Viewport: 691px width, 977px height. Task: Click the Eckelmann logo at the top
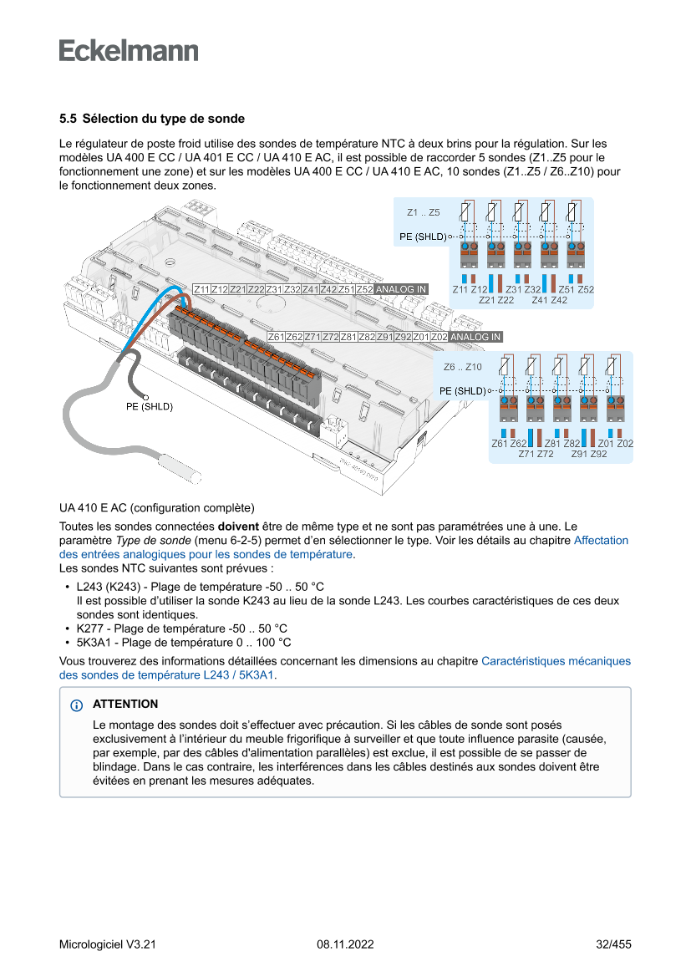click(x=129, y=51)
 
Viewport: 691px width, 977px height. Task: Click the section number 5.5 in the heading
click(x=68, y=120)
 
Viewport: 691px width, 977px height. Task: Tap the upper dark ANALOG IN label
click(x=401, y=289)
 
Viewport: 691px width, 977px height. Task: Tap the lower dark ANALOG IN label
click(x=475, y=337)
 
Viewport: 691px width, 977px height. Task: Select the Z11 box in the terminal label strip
click(x=201, y=289)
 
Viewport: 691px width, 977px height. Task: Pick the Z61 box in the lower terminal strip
click(x=276, y=337)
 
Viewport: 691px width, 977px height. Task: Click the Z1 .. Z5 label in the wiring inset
click(x=423, y=213)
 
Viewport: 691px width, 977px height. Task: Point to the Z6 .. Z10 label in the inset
click(x=462, y=367)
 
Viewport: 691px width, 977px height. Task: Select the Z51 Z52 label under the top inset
click(x=576, y=289)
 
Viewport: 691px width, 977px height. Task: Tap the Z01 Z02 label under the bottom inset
click(x=616, y=443)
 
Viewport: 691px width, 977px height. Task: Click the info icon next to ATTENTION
click(x=77, y=705)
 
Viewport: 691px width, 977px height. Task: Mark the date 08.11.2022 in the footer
click(x=345, y=944)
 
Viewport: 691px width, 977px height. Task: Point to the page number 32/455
click(x=613, y=944)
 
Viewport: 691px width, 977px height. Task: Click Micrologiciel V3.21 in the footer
click(x=108, y=944)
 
